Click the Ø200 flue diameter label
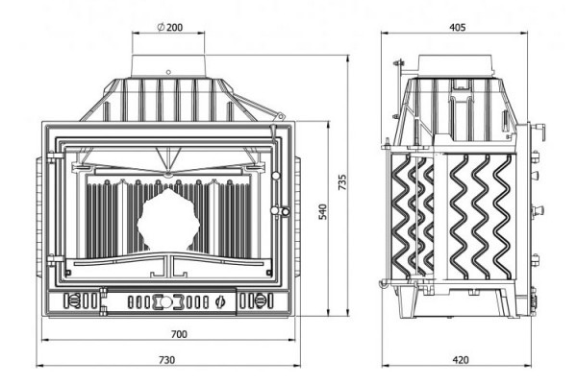coord(169,27)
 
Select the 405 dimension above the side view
coord(457,27)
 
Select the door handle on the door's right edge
coord(280,211)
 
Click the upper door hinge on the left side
coord(56,153)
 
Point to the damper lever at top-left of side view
coord(395,69)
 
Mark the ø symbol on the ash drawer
coord(220,301)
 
